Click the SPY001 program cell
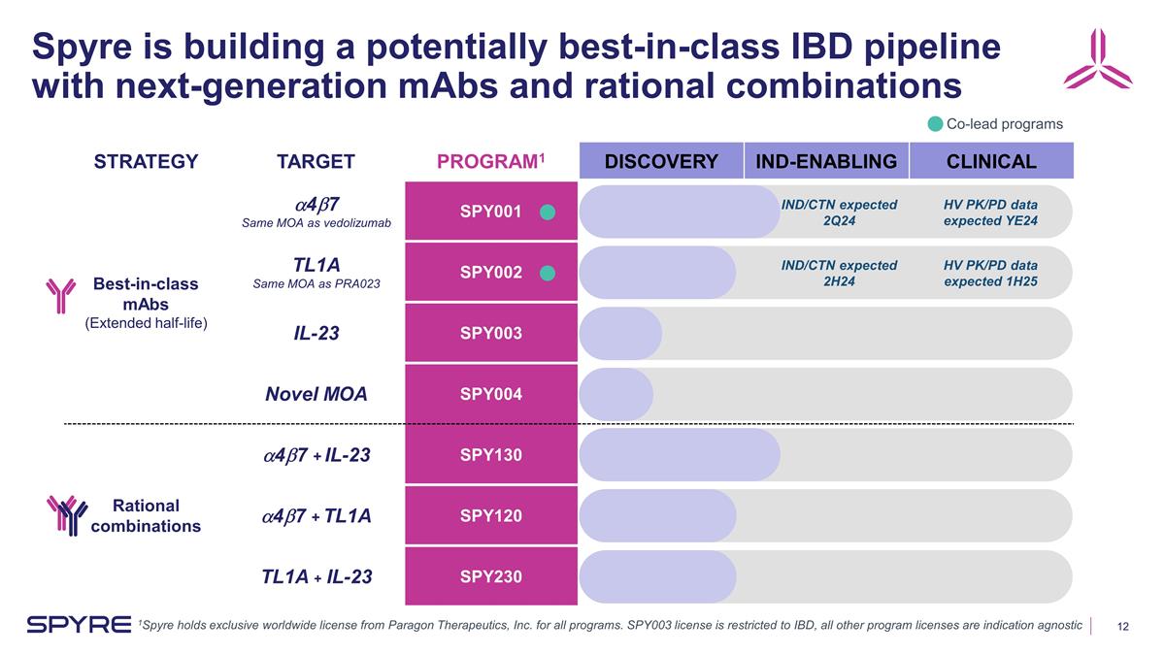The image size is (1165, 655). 491,212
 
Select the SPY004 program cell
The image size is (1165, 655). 491,394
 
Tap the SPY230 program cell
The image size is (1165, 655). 491,576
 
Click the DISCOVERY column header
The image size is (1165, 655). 660,161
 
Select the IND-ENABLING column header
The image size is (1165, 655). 826,161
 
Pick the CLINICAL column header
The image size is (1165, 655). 990,161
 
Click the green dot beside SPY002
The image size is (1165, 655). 548,274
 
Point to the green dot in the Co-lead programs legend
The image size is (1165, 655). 934,124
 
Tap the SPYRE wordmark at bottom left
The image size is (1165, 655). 79,623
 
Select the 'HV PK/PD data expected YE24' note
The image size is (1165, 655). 990,213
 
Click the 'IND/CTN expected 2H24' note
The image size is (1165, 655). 839,274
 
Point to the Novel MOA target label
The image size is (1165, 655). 316,394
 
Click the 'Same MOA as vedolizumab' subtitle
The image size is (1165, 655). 316,224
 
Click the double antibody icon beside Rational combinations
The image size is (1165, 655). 66,514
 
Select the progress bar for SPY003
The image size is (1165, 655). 621,334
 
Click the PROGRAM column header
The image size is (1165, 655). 489,161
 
